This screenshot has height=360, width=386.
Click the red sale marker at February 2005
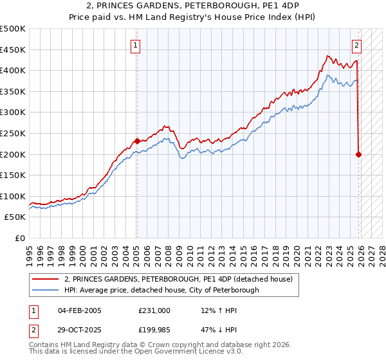pos(137,141)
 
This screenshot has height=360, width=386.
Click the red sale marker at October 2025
pos(358,154)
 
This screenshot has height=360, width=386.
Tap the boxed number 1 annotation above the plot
pos(136,45)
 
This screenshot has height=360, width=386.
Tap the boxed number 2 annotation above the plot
pos(357,45)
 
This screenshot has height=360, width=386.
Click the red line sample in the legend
pos(46,279)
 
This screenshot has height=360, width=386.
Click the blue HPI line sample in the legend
pos(46,290)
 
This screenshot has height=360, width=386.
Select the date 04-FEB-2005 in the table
pos(80,310)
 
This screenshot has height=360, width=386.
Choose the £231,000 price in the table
pos(154,310)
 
